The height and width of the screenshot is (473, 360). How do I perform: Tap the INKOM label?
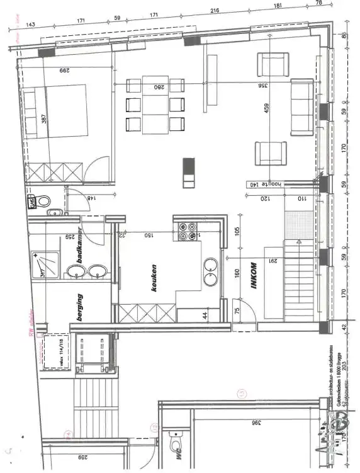[x=252, y=276]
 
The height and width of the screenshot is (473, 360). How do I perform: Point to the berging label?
[x=80, y=307]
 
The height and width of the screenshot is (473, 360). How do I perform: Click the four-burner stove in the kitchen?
[x=186, y=231]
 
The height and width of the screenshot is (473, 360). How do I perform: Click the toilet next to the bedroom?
[x=42, y=202]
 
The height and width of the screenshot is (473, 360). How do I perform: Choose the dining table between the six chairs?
[x=155, y=105]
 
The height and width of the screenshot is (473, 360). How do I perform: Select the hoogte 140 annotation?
[x=262, y=185]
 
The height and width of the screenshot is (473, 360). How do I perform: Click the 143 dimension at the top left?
[x=30, y=24]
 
